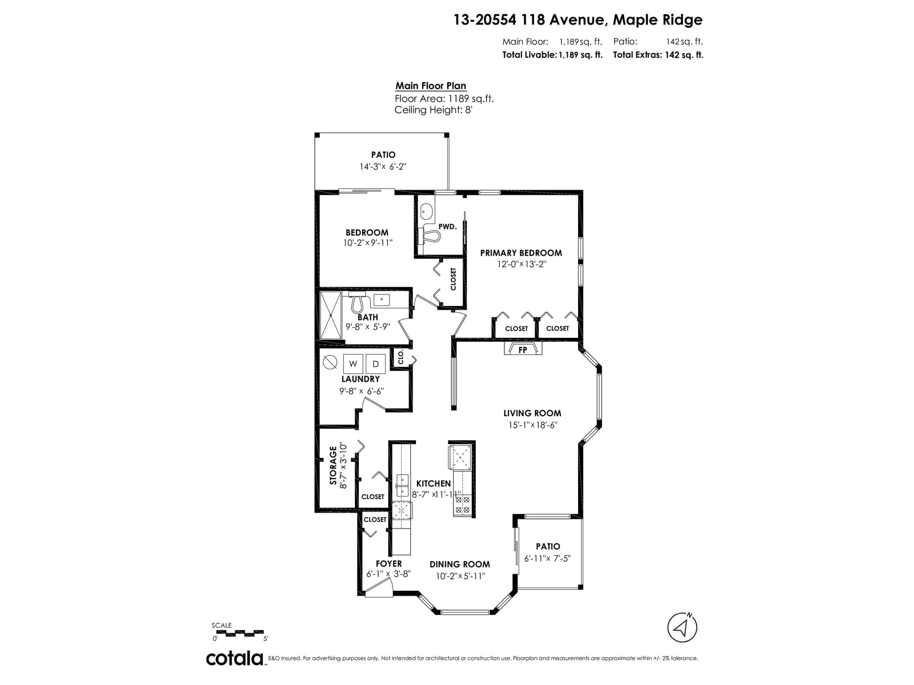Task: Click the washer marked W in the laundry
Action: tap(353, 363)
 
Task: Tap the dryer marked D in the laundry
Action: tap(375, 363)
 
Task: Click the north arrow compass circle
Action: tap(682, 627)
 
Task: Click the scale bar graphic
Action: tap(239, 633)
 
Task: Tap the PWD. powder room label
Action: tap(448, 227)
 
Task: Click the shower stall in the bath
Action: tap(331, 315)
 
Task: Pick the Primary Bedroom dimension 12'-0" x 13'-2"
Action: tap(522, 264)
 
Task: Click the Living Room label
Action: tap(532, 413)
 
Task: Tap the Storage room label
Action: tap(333, 465)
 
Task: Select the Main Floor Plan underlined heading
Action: tap(431, 86)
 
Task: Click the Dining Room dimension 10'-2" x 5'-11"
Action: tap(460, 577)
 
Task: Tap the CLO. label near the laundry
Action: tap(401, 357)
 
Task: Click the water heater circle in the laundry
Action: tap(330, 362)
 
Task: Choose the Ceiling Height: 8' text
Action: tap(434, 110)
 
